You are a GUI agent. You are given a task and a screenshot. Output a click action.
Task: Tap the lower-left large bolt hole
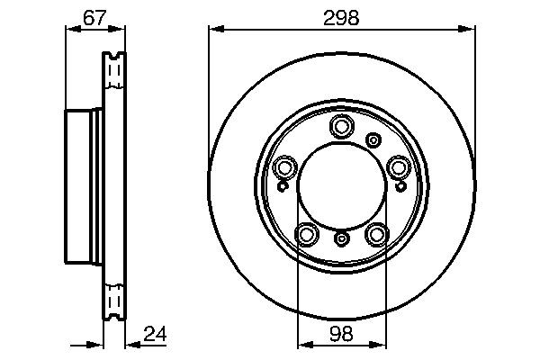(x=308, y=234)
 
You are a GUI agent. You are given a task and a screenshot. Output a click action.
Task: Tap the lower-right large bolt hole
(x=376, y=234)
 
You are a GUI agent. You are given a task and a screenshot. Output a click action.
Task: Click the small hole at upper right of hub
(x=373, y=139)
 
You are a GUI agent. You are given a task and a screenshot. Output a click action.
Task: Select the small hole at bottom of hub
(x=342, y=239)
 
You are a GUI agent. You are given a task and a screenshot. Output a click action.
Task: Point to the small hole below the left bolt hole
(x=283, y=186)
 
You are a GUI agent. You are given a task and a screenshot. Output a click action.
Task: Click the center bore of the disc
(x=342, y=184)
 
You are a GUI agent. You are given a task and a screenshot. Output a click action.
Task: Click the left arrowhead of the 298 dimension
(x=214, y=29)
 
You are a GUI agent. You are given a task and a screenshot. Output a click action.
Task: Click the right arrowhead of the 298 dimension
(x=470, y=29)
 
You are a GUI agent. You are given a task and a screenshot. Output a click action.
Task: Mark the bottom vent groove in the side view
(x=113, y=300)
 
